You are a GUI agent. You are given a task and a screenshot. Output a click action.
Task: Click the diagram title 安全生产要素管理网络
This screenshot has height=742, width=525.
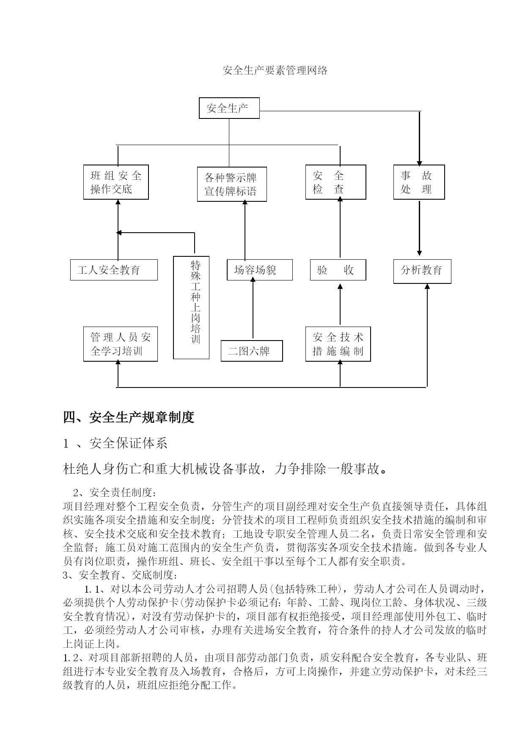pyautogui.click(x=275, y=70)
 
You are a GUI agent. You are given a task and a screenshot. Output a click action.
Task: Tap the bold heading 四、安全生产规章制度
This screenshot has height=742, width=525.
pyautogui.click(x=129, y=417)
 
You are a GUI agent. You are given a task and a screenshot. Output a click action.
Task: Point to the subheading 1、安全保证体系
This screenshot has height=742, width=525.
pyautogui.click(x=115, y=443)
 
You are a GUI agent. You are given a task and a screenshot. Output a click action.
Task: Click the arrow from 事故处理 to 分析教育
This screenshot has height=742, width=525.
pyautogui.click(x=419, y=228)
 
